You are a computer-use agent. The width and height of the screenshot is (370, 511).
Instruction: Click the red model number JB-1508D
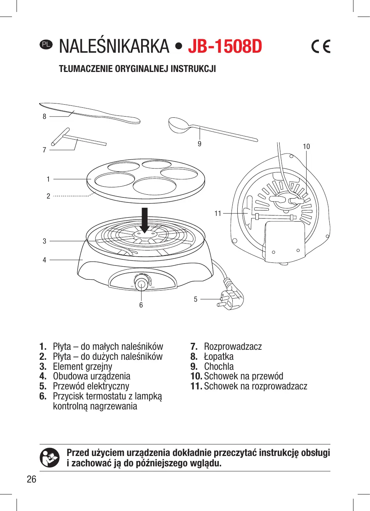coord(225,47)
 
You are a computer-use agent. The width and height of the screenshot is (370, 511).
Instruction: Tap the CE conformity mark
coord(321,47)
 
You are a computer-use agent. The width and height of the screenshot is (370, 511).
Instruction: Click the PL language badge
coord(46,44)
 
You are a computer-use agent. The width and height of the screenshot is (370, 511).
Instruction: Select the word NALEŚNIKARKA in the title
coord(114,47)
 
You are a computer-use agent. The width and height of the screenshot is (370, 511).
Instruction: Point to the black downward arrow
coord(145,220)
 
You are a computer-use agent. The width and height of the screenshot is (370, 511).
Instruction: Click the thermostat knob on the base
coord(141,284)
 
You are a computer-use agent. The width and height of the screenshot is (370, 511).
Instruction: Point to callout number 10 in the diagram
coord(306,147)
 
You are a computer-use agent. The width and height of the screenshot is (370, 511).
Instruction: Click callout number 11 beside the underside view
coord(218,213)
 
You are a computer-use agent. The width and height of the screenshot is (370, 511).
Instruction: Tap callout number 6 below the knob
coord(141,305)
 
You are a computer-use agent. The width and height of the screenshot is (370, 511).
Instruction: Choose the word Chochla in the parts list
coord(219,366)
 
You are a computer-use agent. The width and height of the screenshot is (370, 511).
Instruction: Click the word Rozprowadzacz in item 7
coord(233,347)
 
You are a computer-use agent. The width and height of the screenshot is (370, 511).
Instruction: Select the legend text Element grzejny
coord(83,366)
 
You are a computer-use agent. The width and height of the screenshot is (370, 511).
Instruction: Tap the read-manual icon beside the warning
coord(50,458)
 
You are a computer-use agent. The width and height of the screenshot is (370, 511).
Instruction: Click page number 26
coord(32,479)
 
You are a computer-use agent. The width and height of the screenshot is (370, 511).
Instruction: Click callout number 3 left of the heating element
coord(45,241)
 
